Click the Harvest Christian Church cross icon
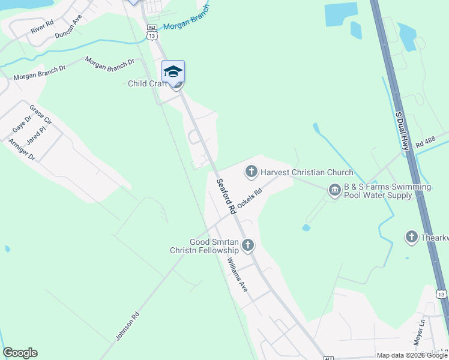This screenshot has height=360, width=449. pyautogui.click(x=251, y=173)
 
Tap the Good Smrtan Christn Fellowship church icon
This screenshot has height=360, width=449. pyautogui.click(x=247, y=245)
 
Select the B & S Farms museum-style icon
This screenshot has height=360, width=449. pyautogui.click(x=334, y=191)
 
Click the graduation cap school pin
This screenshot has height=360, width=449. pyautogui.click(x=173, y=71)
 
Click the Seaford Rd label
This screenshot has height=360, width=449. pyautogui.click(x=225, y=197)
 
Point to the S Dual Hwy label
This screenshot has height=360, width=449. pyautogui.click(x=402, y=128)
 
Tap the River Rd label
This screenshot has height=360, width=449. pyautogui.click(x=42, y=28)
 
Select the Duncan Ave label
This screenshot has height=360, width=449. pyautogui.click(x=67, y=27)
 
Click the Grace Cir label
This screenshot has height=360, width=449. pyautogui.click(x=41, y=116)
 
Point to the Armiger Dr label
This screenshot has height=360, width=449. pyautogui.click(x=22, y=149)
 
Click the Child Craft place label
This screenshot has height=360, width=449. pyautogui.click(x=146, y=83)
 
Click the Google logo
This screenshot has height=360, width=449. pyautogui.click(x=20, y=353)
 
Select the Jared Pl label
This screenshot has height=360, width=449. pyautogui.click(x=36, y=136)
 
